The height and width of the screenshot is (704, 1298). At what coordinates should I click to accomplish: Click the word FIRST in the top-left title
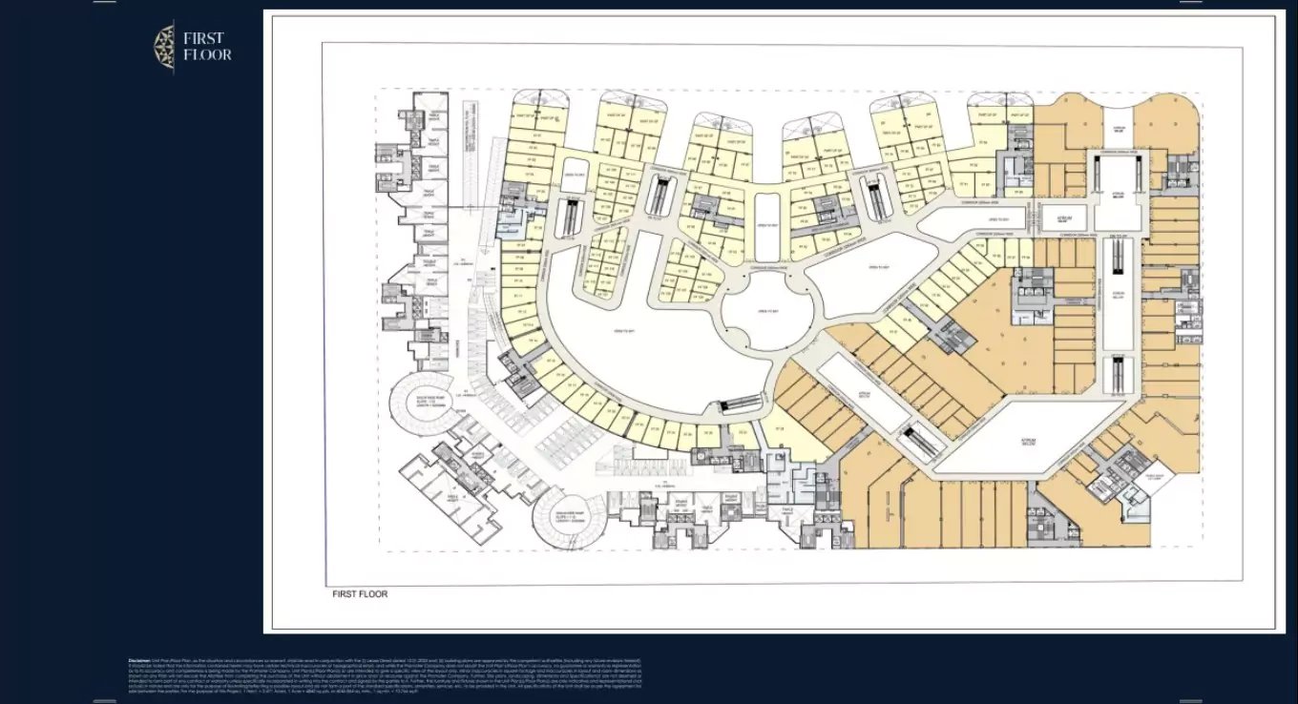pyautogui.click(x=203, y=38)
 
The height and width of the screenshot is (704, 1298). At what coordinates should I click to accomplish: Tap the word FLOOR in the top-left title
pyautogui.click(x=208, y=54)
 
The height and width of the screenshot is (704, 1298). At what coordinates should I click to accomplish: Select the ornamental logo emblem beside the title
pyautogui.click(x=164, y=47)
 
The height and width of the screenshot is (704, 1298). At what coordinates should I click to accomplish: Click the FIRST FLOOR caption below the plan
pyautogui.click(x=360, y=593)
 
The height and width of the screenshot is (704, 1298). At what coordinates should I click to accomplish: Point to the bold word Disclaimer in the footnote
pyautogui.click(x=139, y=660)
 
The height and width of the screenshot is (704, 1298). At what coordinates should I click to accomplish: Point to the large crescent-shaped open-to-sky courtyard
pyautogui.click(x=625, y=329)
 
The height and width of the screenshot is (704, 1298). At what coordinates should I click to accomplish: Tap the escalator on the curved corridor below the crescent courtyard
pyautogui.click(x=741, y=404)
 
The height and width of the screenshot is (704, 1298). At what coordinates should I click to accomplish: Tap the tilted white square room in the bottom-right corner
pyautogui.click(x=1154, y=484)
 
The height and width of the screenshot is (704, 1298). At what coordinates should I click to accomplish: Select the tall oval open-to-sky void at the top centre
pyautogui.click(x=768, y=226)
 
